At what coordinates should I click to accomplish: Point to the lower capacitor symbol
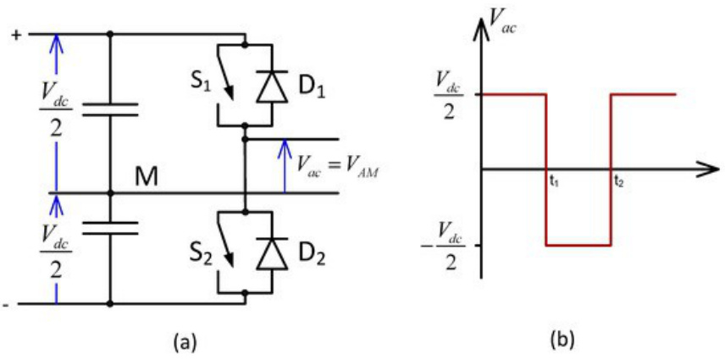[x=110, y=226]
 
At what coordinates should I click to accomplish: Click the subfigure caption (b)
[x=562, y=341]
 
